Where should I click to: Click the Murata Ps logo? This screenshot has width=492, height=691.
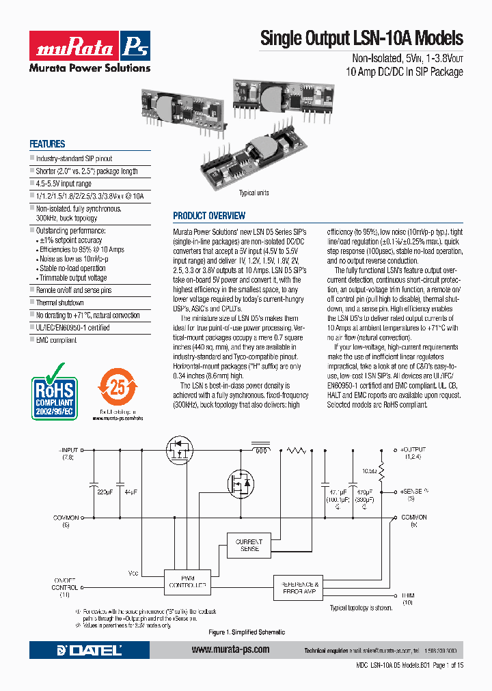click(x=89, y=51)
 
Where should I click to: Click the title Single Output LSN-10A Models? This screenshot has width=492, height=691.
click(x=361, y=38)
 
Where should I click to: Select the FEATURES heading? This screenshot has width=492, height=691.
click(x=47, y=144)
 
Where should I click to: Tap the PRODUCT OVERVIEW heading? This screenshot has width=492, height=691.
click(x=209, y=216)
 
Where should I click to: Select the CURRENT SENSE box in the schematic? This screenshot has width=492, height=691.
click(x=249, y=545)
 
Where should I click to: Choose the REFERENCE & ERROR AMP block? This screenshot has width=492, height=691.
click(x=297, y=588)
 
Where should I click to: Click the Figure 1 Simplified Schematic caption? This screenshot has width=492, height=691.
click(x=247, y=632)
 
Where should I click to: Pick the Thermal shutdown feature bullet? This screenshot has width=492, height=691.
click(x=60, y=302)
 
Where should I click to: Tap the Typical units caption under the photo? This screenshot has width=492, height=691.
click(x=254, y=193)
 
